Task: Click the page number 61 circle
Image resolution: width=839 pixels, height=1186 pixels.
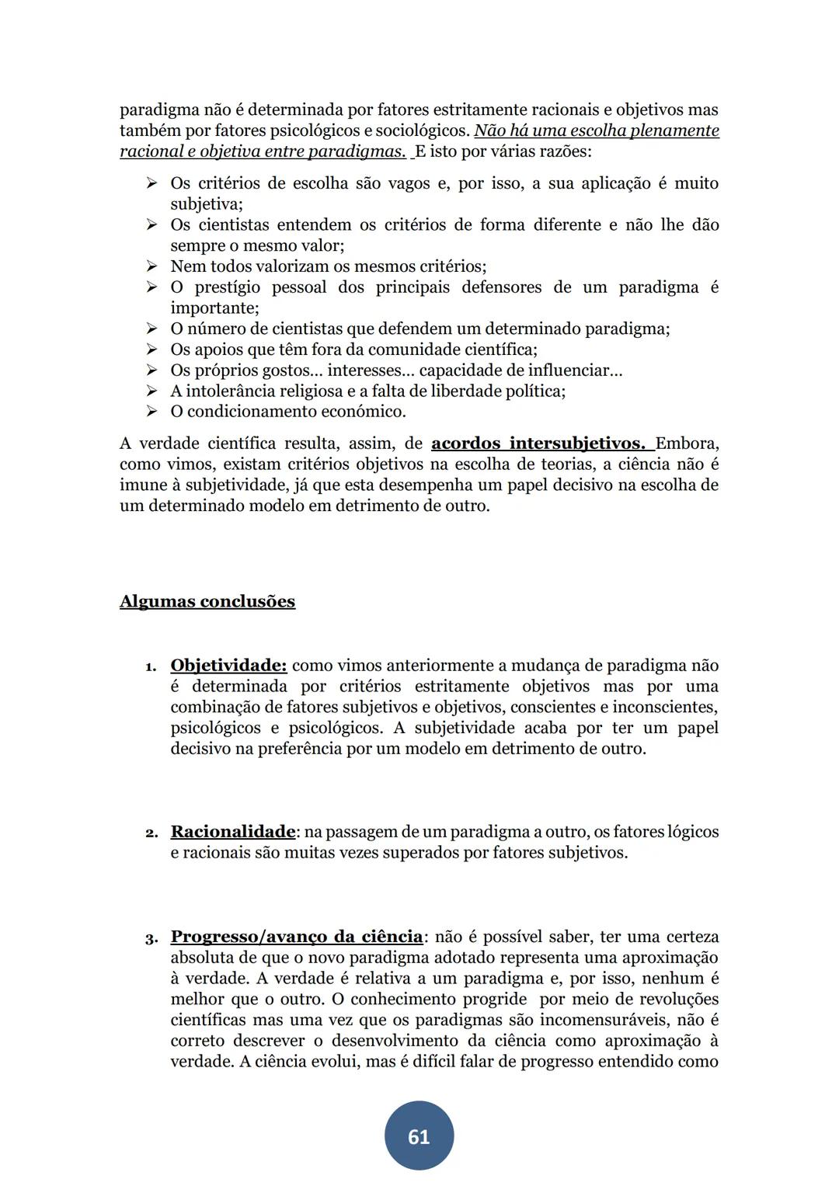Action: point(419,1136)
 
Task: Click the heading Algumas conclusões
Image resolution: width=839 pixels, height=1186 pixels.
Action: point(207,602)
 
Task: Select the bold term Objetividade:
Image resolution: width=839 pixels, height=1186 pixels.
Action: point(228,666)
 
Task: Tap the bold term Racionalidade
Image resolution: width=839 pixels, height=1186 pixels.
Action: point(232,832)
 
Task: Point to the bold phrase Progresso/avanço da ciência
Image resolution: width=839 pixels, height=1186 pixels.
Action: point(297,937)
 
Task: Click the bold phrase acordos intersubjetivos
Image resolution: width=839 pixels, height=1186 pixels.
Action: point(538,443)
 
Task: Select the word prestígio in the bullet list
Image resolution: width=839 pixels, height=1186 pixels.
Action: point(228,287)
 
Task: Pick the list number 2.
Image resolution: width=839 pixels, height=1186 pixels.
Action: point(151,833)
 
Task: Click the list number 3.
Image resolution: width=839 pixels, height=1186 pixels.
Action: point(151,938)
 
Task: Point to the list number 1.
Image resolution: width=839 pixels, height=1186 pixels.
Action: point(151,667)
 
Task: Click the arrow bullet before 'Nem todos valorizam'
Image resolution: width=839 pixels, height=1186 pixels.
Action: point(151,266)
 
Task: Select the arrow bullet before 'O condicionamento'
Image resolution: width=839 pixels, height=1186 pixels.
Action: point(151,412)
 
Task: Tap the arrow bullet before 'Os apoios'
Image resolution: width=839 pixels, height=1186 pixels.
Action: point(151,350)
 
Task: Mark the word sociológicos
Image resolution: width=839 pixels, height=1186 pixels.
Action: point(423,130)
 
